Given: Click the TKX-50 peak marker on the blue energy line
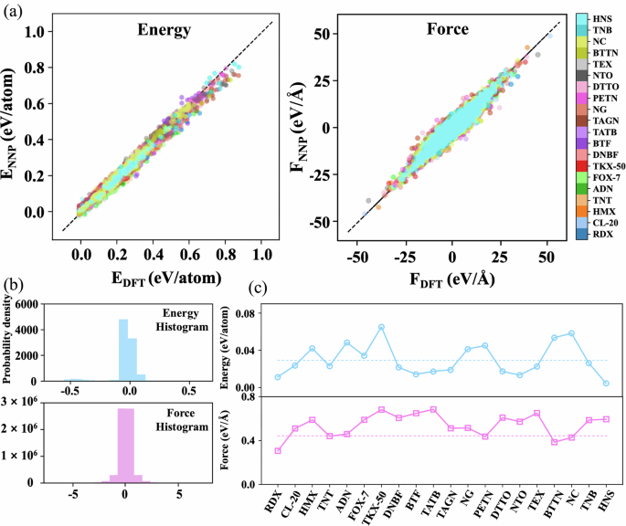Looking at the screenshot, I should (x=381, y=327).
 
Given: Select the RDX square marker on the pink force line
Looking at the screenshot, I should (x=278, y=451).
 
